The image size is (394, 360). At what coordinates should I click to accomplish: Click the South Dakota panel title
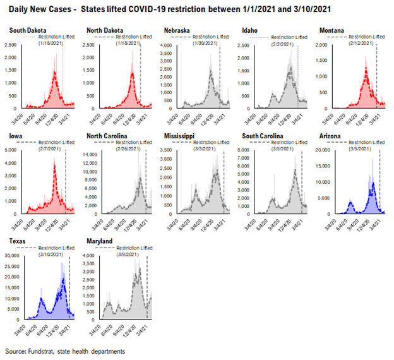tap(27, 30)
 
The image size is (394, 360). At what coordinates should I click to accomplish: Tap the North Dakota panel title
tap(104, 30)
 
